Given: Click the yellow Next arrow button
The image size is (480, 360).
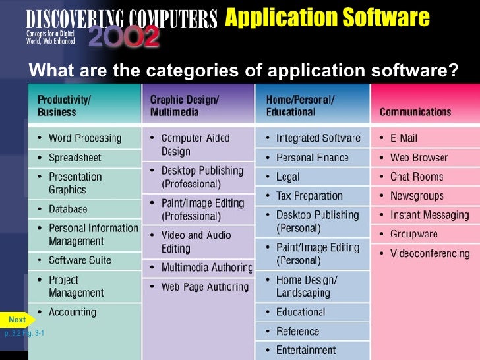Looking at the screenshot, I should [18, 320].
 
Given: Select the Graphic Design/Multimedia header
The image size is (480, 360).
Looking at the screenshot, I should [185, 105].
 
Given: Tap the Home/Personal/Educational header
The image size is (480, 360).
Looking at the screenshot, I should [300, 105].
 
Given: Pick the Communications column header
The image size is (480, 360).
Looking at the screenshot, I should [415, 112].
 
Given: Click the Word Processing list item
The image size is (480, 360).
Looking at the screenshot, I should [85, 138].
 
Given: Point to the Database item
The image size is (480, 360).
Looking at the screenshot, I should [68, 209].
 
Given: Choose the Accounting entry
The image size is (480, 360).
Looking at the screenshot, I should [73, 312].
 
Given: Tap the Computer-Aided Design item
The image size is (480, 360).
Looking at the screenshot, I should [195, 145].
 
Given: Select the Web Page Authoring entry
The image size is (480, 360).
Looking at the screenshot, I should [204, 287].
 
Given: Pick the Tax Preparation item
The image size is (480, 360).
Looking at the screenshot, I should [309, 196].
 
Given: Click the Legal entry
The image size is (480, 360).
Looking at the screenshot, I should [287, 177].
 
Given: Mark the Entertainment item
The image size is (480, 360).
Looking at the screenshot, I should [306, 350].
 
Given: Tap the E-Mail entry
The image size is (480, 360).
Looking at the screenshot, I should [404, 138].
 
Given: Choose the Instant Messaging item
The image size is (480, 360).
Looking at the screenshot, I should [429, 215].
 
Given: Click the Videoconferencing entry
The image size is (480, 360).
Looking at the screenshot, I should [430, 253].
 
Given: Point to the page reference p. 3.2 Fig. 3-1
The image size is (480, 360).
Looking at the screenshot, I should [24, 334].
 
